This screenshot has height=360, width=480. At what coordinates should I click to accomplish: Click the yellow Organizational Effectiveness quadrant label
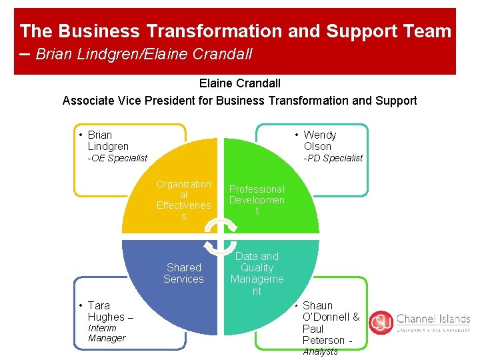coord(183,200)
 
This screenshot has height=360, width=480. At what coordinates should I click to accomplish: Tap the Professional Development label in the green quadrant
coord(257,200)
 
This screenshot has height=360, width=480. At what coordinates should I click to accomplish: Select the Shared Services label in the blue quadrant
coord(183,273)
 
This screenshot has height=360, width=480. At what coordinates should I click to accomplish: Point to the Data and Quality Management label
coord(257,273)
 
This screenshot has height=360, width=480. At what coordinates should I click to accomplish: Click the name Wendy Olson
coord(319,141)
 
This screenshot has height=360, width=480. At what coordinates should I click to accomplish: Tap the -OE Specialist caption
coord(117,158)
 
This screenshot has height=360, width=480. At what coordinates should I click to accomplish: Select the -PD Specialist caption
coord(333,158)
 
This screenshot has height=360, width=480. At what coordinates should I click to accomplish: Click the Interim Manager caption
coord(106,333)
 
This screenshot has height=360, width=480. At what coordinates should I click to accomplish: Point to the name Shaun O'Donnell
coord(330,311)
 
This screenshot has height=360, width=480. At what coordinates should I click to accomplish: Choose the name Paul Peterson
coord(323,335)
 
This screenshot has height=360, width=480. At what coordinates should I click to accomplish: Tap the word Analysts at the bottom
coord(320,351)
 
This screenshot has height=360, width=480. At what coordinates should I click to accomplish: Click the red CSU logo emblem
coord(381,322)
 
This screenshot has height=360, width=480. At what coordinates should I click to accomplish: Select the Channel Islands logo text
coord(433,319)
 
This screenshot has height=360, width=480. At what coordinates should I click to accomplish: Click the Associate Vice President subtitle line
coord(239,101)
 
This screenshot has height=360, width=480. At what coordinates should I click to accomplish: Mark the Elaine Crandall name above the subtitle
coord(239,83)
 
